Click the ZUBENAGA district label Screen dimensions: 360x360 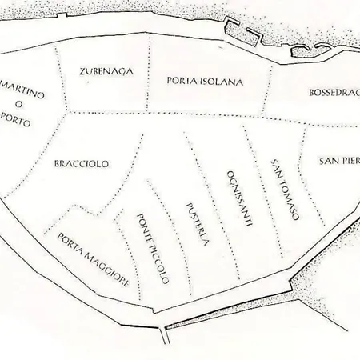(106, 71)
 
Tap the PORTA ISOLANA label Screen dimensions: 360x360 (205, 81)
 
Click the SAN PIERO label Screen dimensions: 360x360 (339, 161)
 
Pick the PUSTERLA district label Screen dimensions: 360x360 (196, 227)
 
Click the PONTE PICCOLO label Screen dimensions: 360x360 (152, 249)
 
